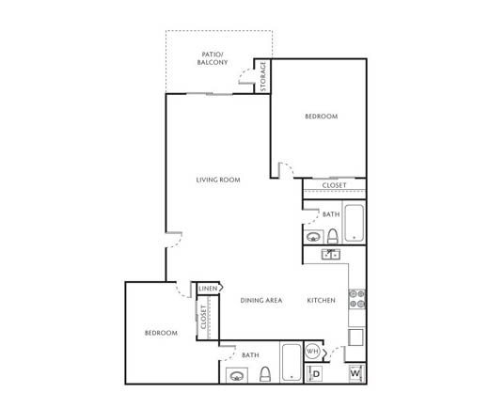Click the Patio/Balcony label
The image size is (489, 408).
point(213,58)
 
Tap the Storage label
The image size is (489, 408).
point(262,76)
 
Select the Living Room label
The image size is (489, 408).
point(218,180)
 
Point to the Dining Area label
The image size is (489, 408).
point(261,300)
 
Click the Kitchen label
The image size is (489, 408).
point(321,300)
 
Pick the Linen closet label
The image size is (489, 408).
point(208,289)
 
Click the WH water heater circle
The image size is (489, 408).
point(312,352)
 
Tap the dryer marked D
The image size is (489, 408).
point(315,373)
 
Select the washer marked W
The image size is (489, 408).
point(356,373)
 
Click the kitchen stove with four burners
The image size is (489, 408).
point(357,299)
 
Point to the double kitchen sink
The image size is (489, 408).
point(331,254)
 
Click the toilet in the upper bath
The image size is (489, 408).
point(333,236)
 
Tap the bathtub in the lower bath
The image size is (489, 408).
point(292,362)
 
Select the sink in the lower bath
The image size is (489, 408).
point(237,375)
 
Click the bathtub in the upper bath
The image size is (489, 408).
point(355,223)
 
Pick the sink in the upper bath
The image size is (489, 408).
point(313,237)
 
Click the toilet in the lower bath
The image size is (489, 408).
point(265,374)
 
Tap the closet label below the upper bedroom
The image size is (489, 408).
point(334,185)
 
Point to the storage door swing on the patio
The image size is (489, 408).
point(246,76)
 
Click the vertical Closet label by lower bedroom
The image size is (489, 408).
point(203,317)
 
